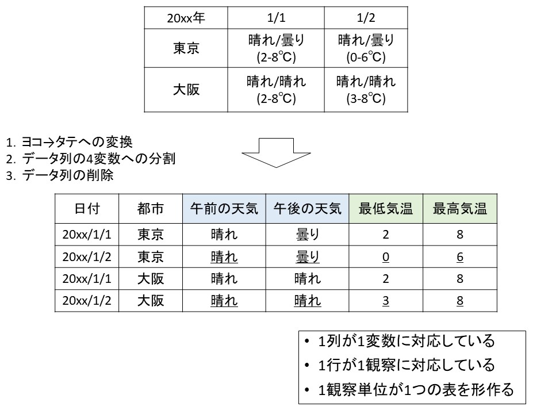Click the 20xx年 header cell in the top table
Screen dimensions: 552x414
pyautogui.click(x=186, y=18)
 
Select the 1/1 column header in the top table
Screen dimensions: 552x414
pyautogui.click(x=276, y=18)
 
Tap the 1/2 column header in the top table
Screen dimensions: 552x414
pyautogui.click(x=366, y=18)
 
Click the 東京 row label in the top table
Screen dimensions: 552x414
pyautogui.click(x=186, y=48)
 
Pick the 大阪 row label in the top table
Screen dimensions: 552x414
pyautogui.click(x=186, y=90)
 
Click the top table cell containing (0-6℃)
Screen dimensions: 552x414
pyautogui.click(x=366, y=48)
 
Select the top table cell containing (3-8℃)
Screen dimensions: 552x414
pyautogui.click(x=366, y=90)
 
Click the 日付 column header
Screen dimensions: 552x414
pyautogui.click(x=87, y=208)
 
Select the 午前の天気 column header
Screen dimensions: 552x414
pyautogui.click(x=224, y=208)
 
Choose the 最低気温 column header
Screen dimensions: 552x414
pyautogui.click(x=386, y=208)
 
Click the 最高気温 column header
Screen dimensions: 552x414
pyautogui.click(x=460, y=208)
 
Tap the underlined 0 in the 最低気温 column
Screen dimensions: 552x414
pyautogui.click(x=386, y=257)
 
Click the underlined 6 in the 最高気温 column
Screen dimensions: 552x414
pyautogui.click(x=460, y=257)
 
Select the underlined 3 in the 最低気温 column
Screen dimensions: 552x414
pyautogui.click(x=386, y=301)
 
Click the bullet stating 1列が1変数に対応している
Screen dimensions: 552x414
pyautogui.click(x=400, y=341)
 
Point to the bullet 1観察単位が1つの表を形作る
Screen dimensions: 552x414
pyautogui.click(x=409, y=390)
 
